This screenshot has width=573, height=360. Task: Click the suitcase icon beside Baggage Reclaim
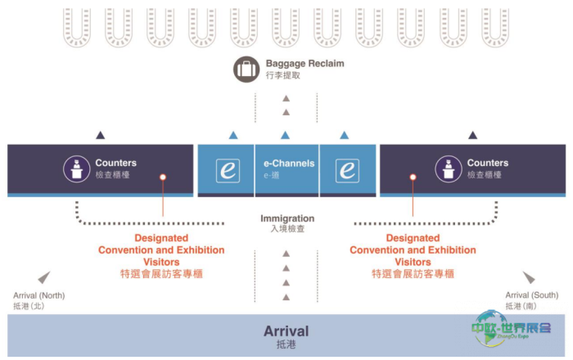coord(246,69)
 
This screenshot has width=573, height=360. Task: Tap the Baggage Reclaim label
coord(305,64)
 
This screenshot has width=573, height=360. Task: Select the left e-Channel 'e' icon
coord(228,170)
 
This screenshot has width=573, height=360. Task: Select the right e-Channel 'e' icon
coord(347,170)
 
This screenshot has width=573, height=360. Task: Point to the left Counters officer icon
coord(76,169)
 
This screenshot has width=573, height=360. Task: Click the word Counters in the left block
coord(115,163)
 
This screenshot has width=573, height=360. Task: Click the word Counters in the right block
coord(488,163)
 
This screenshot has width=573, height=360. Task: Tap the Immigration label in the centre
coord(287,219)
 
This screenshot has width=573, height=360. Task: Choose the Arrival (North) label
coord(38,295)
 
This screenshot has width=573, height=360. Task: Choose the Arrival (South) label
coord(532,295)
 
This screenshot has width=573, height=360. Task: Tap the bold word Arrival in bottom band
coord(286,331)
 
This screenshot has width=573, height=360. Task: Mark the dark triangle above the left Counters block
coord(100,135)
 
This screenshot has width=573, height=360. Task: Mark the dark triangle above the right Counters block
coord(472,135)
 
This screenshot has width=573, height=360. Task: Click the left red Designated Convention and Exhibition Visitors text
coord(161,250)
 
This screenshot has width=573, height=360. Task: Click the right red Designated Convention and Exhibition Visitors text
coord(413,250)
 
